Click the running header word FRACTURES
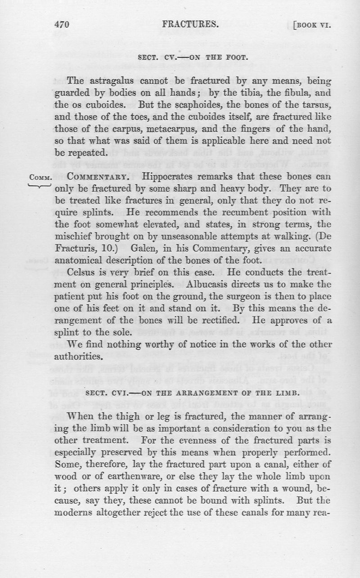click(x=191, y=25)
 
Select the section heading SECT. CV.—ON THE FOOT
click(x=192, y=58)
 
